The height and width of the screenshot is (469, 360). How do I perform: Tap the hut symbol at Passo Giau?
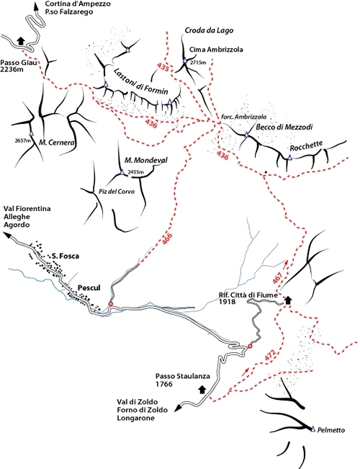[x=21, y=40]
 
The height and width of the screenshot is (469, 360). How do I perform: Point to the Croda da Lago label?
[x=209, y=30]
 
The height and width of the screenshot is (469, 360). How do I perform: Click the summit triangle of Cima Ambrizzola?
[x=185, y=61]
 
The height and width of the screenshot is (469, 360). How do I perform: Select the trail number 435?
[x=163, y=67]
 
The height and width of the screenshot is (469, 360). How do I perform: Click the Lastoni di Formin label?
[x=141, y=81]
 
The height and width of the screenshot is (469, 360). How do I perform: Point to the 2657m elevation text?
[x=23, y=140]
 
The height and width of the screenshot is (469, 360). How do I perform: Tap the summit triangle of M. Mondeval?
[x=122, y=172]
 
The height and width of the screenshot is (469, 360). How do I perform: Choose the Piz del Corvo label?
[x=117, y=192]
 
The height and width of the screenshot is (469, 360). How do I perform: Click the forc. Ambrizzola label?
[x=243, y=117]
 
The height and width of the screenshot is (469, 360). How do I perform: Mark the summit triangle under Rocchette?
[x=289, y=157]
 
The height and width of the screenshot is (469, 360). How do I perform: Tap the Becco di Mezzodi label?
[x=284, y=127]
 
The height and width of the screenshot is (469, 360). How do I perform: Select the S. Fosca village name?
[x=66, y=256]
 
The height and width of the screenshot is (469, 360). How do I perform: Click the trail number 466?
[x=168, y=239]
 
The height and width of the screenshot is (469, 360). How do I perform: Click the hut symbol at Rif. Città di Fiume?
[x=288, y=300]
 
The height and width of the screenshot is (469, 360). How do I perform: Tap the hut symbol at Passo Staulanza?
[x=202, y=389]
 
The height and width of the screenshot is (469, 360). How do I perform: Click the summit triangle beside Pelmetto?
[x=313, y=429]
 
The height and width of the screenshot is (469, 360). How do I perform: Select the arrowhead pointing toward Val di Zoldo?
[x=178, y=408]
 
